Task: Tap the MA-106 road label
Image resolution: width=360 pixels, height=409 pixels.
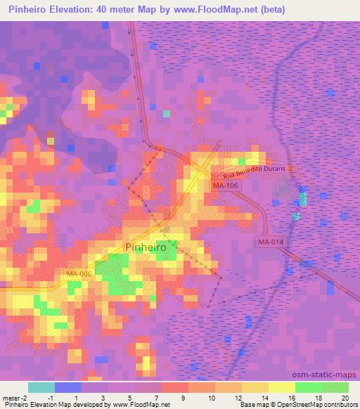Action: tap(224, 186)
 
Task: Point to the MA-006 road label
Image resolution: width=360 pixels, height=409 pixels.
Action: tap(80, 273)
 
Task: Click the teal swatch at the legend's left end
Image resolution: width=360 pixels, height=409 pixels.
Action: tap(41, 387)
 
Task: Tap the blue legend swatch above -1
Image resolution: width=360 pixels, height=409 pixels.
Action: tap(67, 387)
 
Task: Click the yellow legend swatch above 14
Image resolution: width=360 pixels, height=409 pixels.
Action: tap(255, 387)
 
